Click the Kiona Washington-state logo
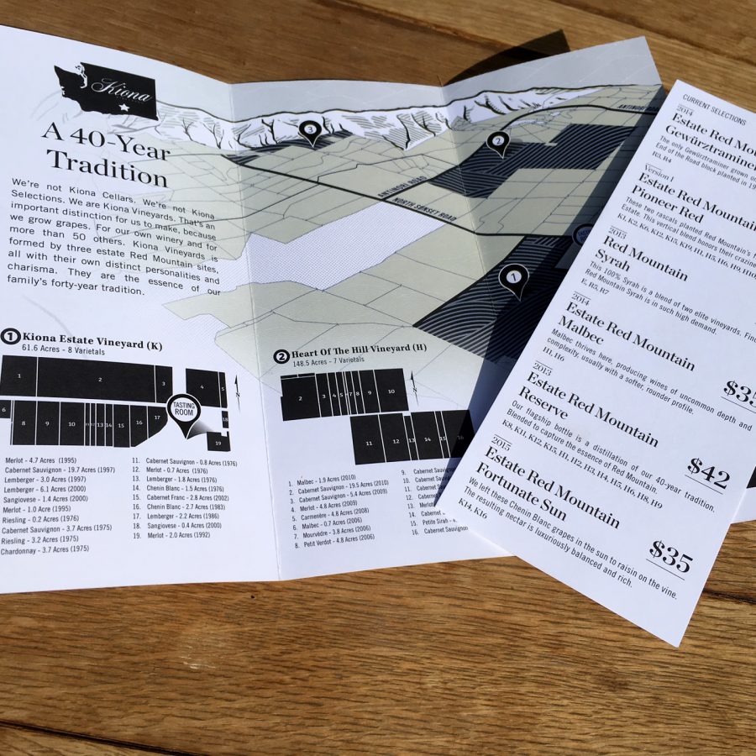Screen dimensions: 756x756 coord(106,92)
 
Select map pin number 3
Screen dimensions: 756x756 coord(311,131)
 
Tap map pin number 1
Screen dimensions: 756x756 coord(512,278)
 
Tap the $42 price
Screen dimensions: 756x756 coord(707,475)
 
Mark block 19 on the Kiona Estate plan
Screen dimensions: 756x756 coord(217,443)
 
